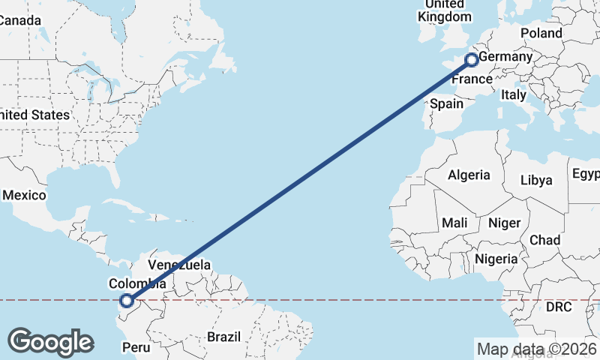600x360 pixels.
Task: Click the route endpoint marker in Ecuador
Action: (127, 301)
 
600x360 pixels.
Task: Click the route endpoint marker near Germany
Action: (472, 60)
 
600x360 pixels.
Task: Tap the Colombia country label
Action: (137, 283)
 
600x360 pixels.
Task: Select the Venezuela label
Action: (179, 265)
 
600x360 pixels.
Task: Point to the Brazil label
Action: (224, 337)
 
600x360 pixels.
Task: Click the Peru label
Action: (136, 347)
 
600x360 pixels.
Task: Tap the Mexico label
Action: (24, 195)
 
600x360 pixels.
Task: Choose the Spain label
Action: (447, 103)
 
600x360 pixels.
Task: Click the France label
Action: (472, 79)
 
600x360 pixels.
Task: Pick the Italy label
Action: (514, 94)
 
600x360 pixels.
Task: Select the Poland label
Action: (541, 33)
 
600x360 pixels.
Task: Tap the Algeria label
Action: (469, 175)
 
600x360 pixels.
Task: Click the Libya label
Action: (536, 180)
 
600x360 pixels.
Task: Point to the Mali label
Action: (455, 223)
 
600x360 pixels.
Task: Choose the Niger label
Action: (503, 223)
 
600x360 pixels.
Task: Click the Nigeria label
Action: (496, 259)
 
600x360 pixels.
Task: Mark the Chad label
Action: (544, 240)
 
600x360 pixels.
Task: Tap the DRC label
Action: (559, 307)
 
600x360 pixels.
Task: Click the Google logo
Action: (50, 342)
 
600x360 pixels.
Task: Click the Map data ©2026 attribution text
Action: (536, 349)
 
